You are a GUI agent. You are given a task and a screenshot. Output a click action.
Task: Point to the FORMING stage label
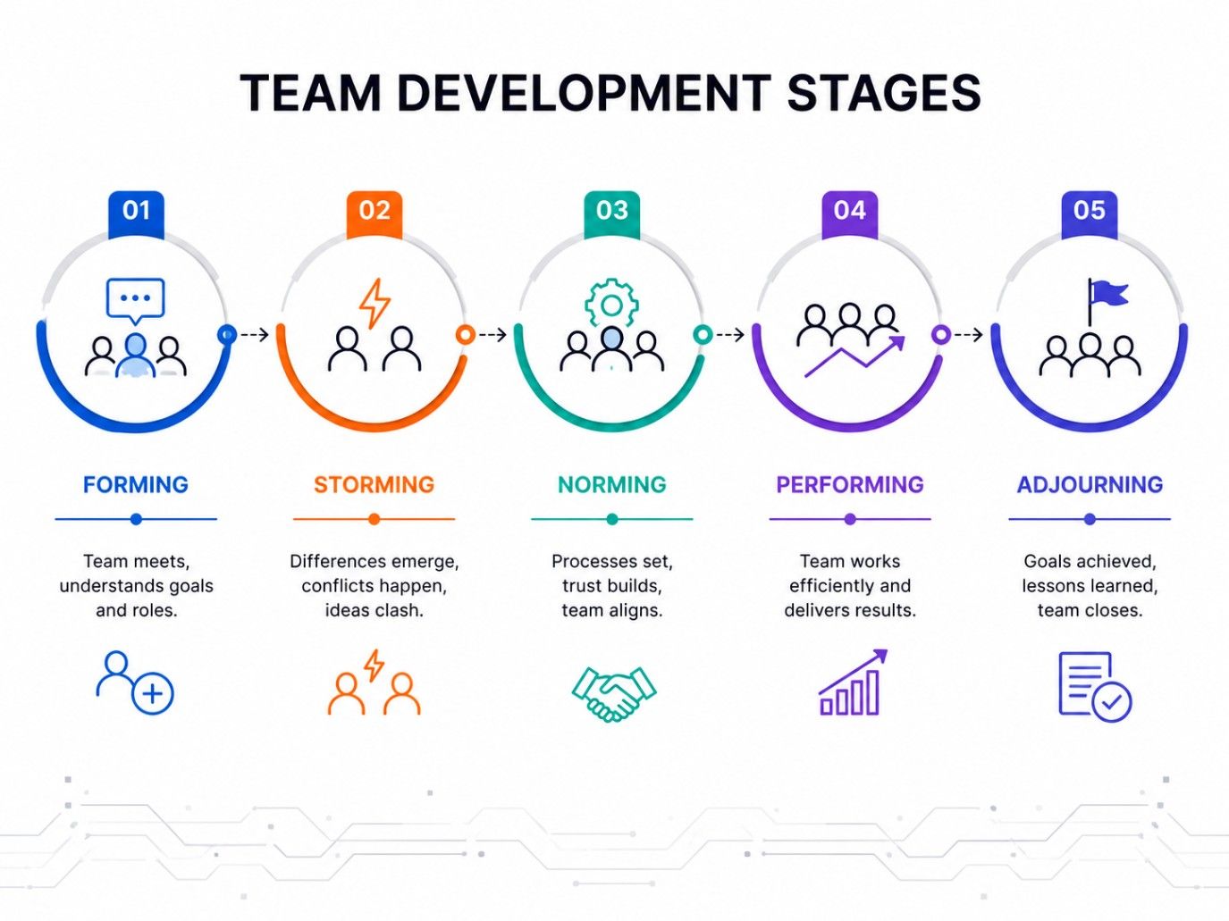(x=136, y=484)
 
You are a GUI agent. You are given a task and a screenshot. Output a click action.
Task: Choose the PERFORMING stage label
(x=850, y=484)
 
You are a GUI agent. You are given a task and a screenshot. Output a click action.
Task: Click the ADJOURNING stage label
(x=1090, y=484)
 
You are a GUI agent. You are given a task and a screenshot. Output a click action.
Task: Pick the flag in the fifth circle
(x=1107, y=301)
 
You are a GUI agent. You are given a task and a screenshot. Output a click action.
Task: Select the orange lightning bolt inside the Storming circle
(x=375, y=303)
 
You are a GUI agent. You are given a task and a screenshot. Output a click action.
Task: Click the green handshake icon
(x=614, y=692)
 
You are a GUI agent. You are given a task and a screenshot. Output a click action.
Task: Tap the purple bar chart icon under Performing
(x=853, y=682)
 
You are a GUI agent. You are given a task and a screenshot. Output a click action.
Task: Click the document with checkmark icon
(x=1095, y=687)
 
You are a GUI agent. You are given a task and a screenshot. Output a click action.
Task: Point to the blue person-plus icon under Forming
(x=135, y=682)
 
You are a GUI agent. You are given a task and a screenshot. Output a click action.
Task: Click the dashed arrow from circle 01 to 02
(x=255, y=335)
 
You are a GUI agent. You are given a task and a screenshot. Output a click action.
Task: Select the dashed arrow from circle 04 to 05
(x=969, y=335)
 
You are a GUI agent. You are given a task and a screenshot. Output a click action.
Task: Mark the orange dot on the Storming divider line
(x=374, y=519)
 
